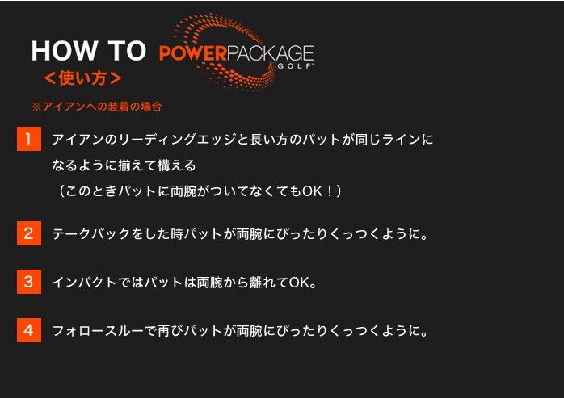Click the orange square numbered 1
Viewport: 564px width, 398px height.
[x=29, y=139]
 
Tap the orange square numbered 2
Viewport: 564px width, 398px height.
[x=29, y=233]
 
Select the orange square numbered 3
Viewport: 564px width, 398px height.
[x=29, y=282]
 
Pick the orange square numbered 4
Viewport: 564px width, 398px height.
[x=29, y=330]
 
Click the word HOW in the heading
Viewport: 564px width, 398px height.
[x=65, y=51]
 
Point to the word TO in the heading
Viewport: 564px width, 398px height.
[x=127, y=51]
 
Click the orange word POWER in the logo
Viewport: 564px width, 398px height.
[x=193, y=53]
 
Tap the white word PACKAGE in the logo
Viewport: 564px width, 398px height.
[x=270, y=53]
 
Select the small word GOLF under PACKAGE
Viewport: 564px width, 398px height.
[x=295, y=66]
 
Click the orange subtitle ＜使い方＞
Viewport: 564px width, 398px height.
[x=82, y=78]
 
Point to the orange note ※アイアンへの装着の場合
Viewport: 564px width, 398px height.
[x=97, y=107]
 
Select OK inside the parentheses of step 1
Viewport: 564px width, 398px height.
[x=312, y=191]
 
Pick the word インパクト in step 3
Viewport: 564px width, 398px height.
[x=85, y=283]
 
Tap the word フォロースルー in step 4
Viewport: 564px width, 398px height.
[x=98, y=331]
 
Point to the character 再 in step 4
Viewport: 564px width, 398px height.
[x=164, y=331]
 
